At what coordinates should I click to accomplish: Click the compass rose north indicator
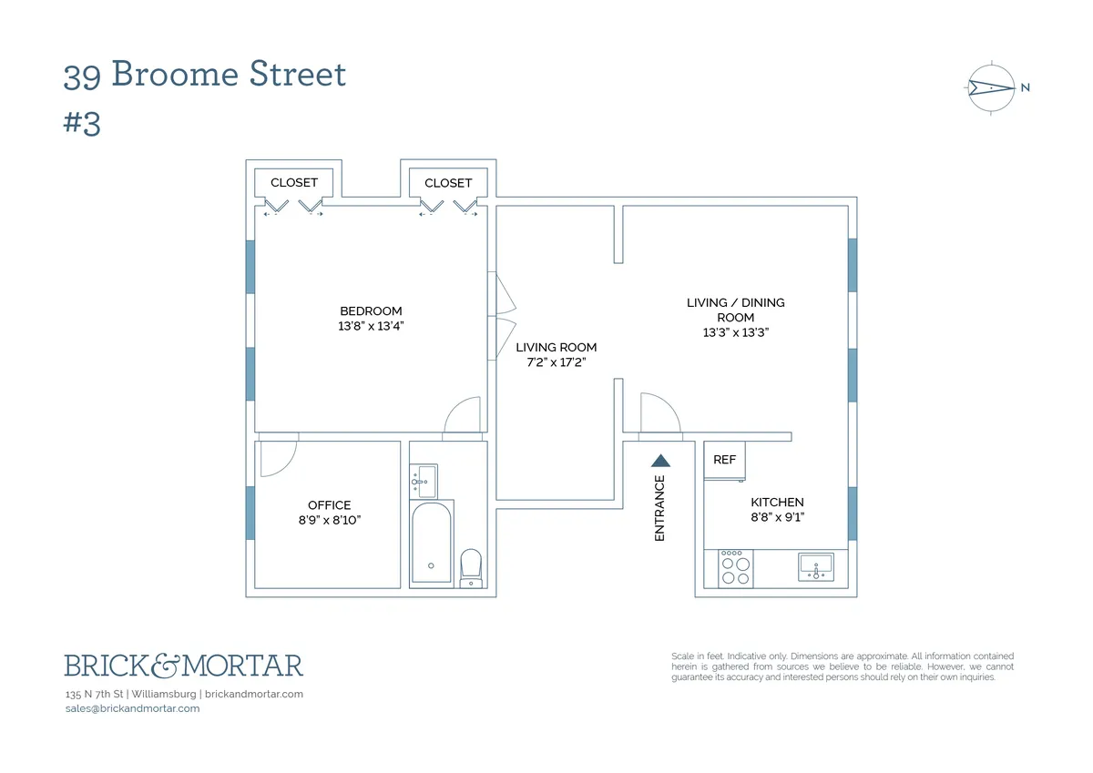[x=991, y=88]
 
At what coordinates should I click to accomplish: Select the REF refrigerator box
[x=725, y=460]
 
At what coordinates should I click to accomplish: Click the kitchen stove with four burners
[x=736, y=569]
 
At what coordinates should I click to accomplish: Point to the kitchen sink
[x=817, y=567]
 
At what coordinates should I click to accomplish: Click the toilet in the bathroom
[x=470, y=566]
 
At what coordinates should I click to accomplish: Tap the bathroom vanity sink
[x=424, y=481]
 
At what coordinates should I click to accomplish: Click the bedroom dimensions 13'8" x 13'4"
[x=371, y=326]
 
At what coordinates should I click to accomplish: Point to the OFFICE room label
[x=329, y=505]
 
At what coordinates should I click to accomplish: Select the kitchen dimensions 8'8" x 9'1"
[x=777, y=517]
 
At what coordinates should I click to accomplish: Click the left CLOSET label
[x=294, y=183]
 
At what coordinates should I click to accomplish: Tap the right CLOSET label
[x=448, y=183]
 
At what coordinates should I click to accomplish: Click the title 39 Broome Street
[x=205, y=75]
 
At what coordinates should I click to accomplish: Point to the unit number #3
[x=82, y=124]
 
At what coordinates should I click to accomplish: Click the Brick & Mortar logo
[x=183, y=666]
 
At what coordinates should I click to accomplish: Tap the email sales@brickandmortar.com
[x=133, y=708]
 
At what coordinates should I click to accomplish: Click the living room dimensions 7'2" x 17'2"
[x=556, y=362]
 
